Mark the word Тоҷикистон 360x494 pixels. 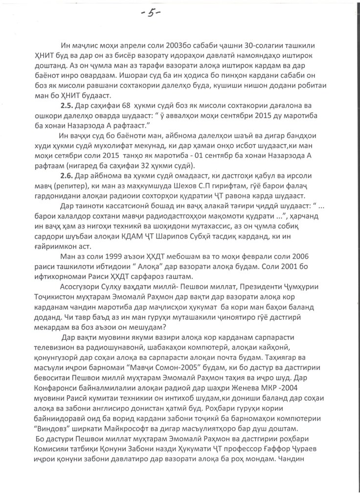(x=64, y=313)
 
